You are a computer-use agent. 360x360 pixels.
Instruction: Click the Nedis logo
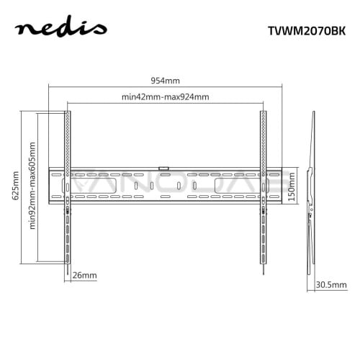tap(61, 27)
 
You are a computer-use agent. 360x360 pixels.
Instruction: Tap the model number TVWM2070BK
tap(307, 31)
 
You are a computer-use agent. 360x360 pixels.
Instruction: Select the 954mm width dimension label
tap(165, 81)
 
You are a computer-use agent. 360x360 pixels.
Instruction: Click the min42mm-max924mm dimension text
tap(165, 97)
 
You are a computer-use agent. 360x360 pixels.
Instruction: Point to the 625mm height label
tap(16, 186)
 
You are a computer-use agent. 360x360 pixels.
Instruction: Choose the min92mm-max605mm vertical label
tap(32, 186)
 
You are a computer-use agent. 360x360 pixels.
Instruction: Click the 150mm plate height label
tap(291, 187)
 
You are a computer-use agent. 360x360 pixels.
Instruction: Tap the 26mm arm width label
tap(84, 275)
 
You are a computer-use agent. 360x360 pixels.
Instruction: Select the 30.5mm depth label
tap(331, 285)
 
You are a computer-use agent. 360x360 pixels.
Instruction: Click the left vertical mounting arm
tap(68, 187)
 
